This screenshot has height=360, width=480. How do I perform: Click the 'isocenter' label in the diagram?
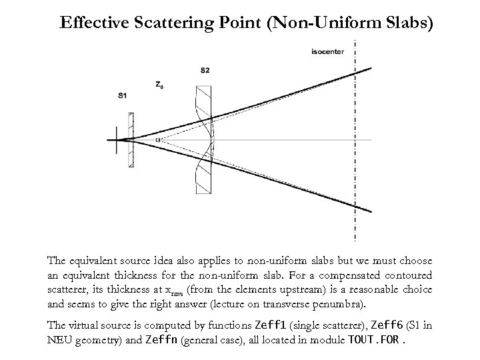pos(328,51)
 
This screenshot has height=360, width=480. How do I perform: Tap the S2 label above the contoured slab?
pos(204,70)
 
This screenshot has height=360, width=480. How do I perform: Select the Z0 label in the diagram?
pos(159,85)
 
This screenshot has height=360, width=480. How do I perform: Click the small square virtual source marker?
pos(158,140)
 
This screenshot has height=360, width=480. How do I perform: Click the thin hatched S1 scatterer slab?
pos(131,139)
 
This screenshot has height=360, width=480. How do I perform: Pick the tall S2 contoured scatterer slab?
pos(203,139)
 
